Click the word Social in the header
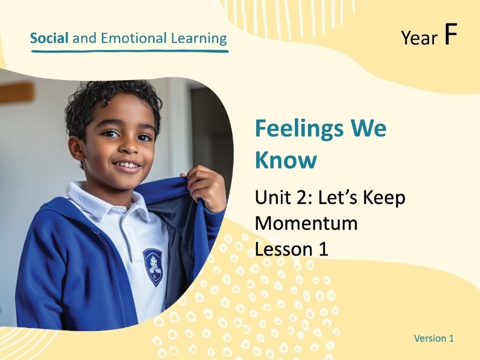point(49,38)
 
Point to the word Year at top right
point(419,38)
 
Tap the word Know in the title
point(286,160)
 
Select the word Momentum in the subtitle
point(306,223)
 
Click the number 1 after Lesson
point(322,248)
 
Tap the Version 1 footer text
point(433,338)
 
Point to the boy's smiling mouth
point(127,165)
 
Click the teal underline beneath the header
point(129,50)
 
